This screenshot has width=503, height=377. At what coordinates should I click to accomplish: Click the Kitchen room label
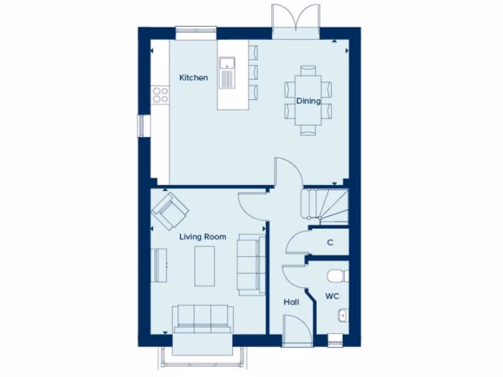(x=194, y=78)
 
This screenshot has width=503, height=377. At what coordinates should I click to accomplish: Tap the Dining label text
(x=308, y=101)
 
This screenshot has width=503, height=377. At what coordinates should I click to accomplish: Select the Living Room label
(x=202, y=237)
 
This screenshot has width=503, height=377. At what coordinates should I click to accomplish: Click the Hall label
(x=291, y=302)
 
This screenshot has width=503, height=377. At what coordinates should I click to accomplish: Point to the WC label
(x=332, y=296)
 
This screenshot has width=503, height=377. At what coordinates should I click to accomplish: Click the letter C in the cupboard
(x=330, y=242)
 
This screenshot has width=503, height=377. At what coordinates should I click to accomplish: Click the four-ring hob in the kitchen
(x=160, y=94)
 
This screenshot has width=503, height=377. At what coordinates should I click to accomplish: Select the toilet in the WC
(x=337, y=276)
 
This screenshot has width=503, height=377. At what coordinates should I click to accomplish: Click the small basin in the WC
(x=342, y=314)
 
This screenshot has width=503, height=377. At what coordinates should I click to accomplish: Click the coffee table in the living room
(x=204, y=266)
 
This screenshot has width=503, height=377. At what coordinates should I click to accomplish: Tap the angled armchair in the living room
(x=170, y=211)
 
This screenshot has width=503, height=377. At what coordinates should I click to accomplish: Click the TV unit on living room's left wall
(x=159, y=265)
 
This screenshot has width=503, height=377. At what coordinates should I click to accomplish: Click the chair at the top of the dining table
(x=308, y=70)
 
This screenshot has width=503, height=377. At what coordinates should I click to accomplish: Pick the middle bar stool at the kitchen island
(x=253, y=72)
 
